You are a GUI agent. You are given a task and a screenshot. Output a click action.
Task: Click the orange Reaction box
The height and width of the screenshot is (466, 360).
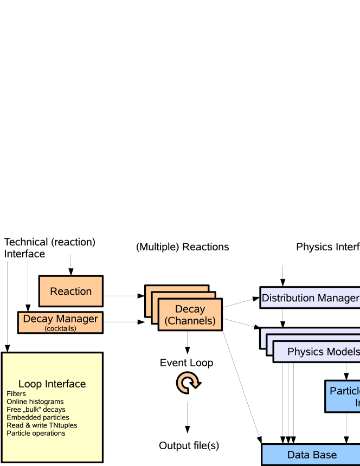pyautogui.click(x=70, y=292)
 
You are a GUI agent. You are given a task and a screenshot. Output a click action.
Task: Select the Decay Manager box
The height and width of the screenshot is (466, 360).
pyautogui.click(x=60, y=322)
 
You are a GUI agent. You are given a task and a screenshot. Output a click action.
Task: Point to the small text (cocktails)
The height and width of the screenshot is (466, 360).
pyautogui.click(x=60, y=328)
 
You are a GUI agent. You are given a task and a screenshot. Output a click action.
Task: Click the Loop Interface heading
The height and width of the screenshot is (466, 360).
pyautogui.click(x=52, y=384)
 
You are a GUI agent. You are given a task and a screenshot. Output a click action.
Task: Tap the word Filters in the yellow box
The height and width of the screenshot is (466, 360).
pyautogui.click(x=16, y=394)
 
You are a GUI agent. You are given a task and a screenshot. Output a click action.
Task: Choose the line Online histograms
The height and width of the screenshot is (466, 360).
pyautogui.click(x=35, y=402)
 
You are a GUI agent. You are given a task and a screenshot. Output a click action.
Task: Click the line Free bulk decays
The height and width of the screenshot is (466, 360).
pyautogui.click(x=36, y=410)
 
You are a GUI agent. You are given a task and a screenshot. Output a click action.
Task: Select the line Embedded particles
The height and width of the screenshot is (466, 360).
pyautogui.click(x=37, y=418)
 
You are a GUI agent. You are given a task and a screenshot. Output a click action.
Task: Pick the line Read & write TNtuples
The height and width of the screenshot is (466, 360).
pyautogui.click(x=42, y=425)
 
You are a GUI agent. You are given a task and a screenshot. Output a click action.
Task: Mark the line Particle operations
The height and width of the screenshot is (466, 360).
pyautogui.click(x=36, y=433)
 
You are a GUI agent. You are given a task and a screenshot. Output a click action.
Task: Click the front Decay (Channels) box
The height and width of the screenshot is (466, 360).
pyautogui.click(x=190, y=315)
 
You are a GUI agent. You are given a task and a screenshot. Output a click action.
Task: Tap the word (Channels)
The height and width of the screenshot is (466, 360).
pyautogui.click(x=190, y=321)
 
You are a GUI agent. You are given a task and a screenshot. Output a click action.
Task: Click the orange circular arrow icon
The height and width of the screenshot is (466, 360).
pyautogui.click(x=188, y=383)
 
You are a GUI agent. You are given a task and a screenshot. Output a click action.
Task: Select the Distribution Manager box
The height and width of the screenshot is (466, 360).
pyautogui.click(x=310, y=298)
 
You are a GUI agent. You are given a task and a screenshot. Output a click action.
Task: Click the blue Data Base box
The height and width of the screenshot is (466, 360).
pyautogui.click(x=312, y=455)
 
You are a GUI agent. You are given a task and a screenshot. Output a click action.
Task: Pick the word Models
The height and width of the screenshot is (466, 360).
pyautogui.click(x=342, y=351)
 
